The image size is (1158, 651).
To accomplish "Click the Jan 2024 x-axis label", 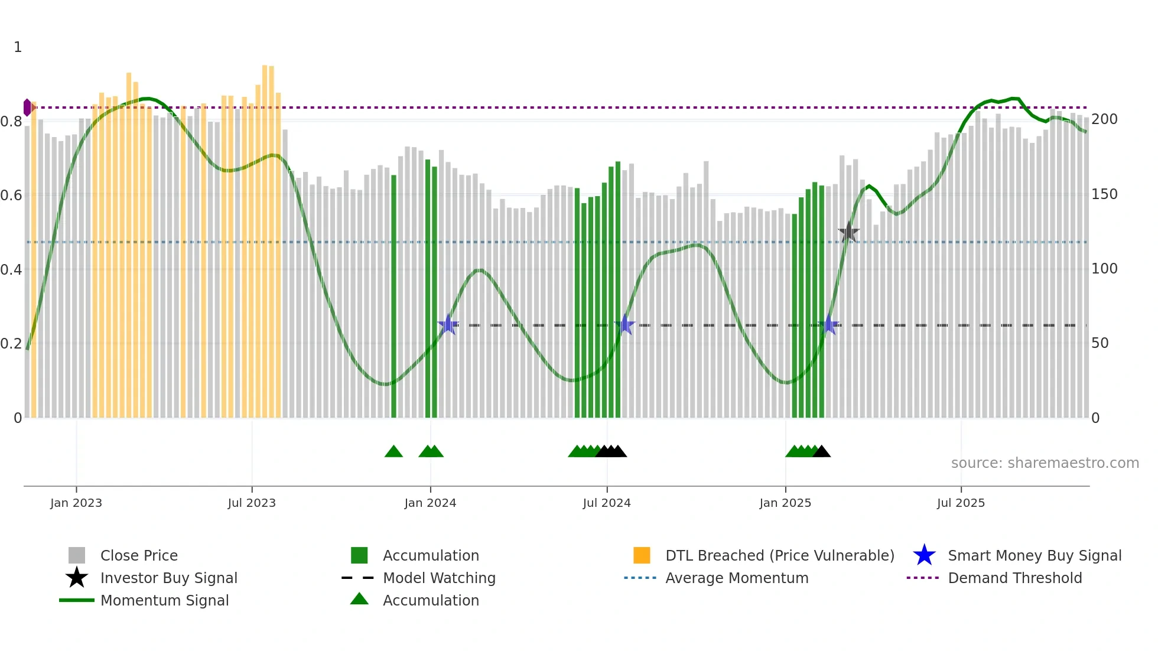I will (430, 503).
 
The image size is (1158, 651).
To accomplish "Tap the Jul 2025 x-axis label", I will (961, 503).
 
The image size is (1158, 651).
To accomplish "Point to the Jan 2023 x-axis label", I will (76, 503).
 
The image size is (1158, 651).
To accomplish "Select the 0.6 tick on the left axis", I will (11, 196).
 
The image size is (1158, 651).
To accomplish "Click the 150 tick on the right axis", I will (1104, 194).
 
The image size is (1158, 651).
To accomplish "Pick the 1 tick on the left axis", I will (18, 47).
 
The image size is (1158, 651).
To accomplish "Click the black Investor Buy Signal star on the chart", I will (848, 232).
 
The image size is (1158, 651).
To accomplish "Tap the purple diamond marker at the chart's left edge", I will (27, 108).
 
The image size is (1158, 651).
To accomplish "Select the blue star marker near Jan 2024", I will (448, 325).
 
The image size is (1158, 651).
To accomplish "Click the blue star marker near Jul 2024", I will (624, 325).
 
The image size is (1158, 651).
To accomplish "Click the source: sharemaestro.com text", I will (1045, 463).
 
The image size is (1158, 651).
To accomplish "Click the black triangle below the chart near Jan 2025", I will (821, 452).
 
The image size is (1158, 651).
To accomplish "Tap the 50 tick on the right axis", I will (1100, 343).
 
